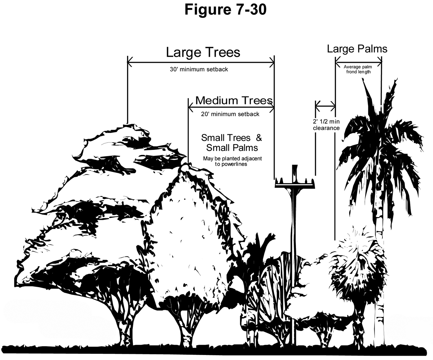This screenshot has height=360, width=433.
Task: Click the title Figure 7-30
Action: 226,10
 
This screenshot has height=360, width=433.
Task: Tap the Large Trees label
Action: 203,52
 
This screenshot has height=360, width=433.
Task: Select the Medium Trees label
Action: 233,100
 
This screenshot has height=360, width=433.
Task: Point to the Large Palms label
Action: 357,49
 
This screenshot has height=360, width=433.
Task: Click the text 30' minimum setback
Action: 199,69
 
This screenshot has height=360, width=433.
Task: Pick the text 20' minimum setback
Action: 230,114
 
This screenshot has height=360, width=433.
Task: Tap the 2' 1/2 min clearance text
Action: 326,125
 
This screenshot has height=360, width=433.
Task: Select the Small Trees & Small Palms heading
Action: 231,143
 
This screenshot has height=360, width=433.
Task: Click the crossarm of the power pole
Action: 296,185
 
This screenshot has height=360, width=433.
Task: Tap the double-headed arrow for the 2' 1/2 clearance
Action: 325,106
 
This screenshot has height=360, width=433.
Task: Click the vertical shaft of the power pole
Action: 295,253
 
